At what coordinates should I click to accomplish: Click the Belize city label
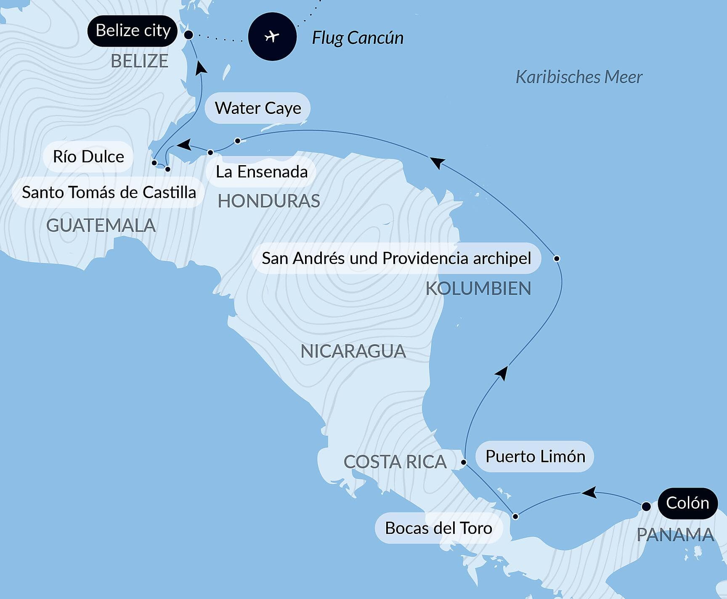[x=133, y=31]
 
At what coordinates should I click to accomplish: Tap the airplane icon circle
[x=272, y=37]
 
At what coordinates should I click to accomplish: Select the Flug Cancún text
[x=358, y=38]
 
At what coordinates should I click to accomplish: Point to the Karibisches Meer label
[x=579, y=77]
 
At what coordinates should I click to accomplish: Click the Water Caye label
[x=257, y=108]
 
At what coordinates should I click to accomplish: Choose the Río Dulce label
[x=88, y=156]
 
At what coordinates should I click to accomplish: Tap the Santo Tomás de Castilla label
[x=109, y=192]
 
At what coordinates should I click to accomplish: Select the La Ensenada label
[x=261, y=172]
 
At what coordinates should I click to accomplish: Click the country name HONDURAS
[x=269, y=201]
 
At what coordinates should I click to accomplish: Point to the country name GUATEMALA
[x=101, y=226]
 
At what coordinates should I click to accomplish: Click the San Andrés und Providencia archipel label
[x=396, y=258]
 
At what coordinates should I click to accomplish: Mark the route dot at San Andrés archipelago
[x=557, y=258]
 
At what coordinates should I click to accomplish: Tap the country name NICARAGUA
[x=353, y=351]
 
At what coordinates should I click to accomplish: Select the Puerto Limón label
[x=535, y=456]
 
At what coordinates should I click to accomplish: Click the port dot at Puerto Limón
[x=464, y=462]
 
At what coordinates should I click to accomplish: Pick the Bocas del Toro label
[x=438, y=528]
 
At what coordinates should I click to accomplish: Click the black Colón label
[x=687, y=503]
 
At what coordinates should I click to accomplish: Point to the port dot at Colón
[x=646, y=507]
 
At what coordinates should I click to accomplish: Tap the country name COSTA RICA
[x=395, y=462]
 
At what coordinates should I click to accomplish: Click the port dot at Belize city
[x=189, y=35]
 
